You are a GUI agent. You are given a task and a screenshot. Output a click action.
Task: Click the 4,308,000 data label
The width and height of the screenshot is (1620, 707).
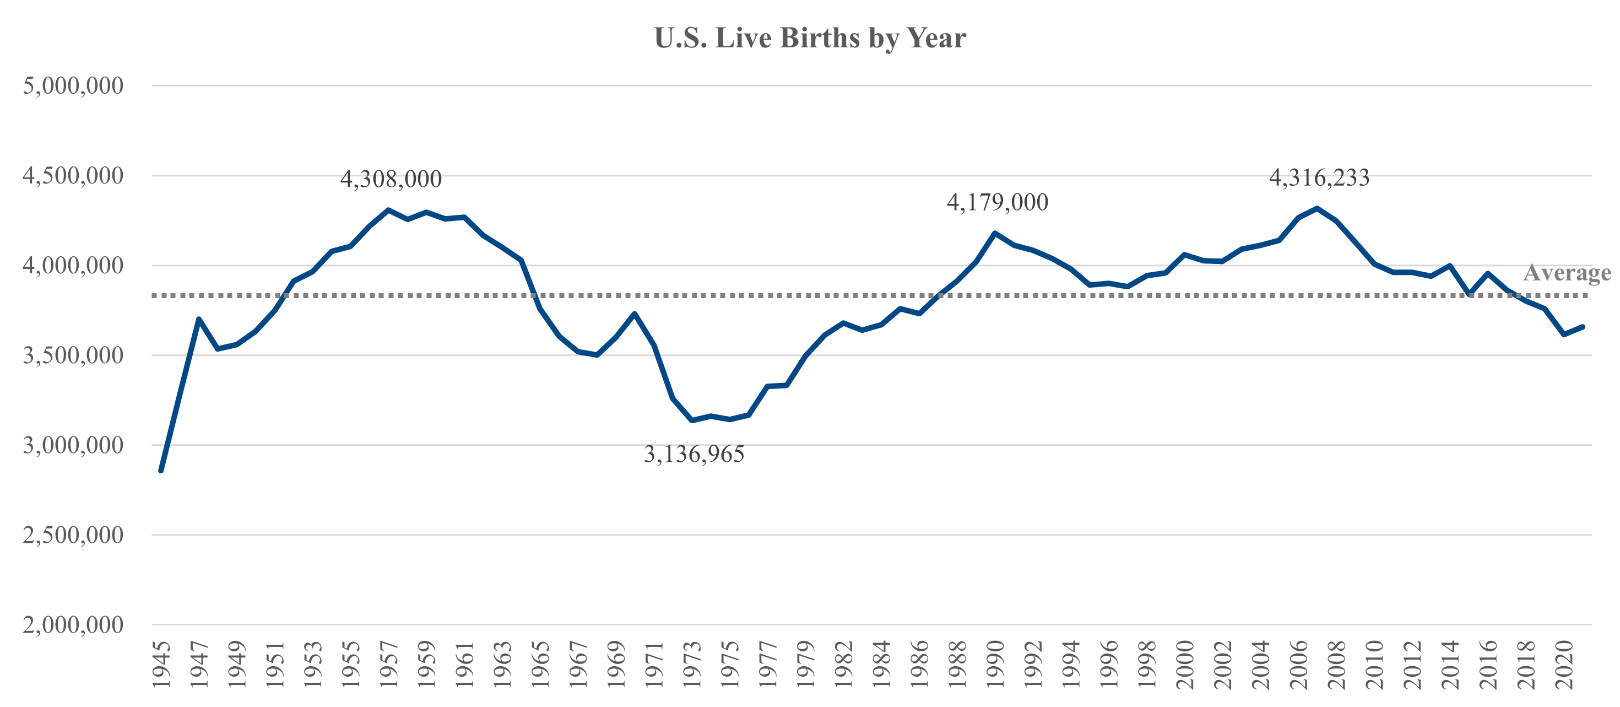coord(391,179)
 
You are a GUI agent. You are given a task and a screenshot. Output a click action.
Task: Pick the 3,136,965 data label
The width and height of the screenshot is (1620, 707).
coord(693,454)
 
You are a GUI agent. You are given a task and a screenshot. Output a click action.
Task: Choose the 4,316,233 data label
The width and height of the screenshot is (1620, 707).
coord(1319,178)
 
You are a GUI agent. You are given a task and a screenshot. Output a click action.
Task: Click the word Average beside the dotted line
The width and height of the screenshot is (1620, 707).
coord(1567,273)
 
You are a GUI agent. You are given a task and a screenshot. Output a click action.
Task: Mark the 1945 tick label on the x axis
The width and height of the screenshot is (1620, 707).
coord(161,665)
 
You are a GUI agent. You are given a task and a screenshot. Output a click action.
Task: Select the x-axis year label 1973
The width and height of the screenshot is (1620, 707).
coord(692,665)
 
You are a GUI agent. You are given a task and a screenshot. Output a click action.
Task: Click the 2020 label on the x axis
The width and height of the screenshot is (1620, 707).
coord(1564,665)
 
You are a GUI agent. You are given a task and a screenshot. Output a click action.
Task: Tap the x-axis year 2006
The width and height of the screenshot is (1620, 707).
coord(1299,665)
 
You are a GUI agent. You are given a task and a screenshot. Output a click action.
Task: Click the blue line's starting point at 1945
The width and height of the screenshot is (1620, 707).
coord(161,471)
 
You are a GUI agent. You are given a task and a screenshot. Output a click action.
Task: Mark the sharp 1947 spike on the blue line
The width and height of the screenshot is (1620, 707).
coord(199,319)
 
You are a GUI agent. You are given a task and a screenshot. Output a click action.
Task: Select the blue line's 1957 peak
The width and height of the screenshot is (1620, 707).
coord(388,209)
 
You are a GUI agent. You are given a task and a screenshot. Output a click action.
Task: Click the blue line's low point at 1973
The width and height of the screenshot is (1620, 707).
coord(692,420)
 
